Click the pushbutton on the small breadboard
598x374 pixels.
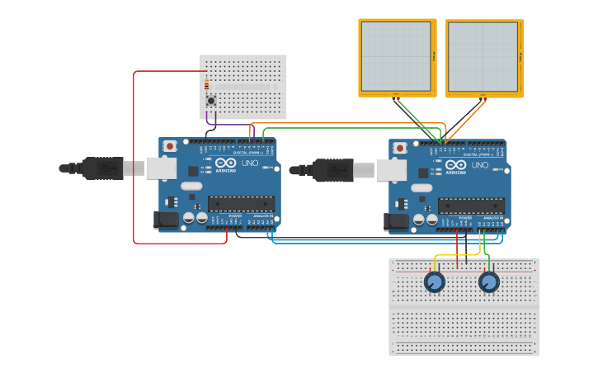pyautogui.click(x=211, y=101)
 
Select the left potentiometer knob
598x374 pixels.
pyautogui.click(x=435, y=282)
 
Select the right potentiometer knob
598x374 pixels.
pyautogui.click(x=488, y=282)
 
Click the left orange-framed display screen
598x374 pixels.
pyautogui.click(x=397, y=57)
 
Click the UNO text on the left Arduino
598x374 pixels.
pyautogui.click(x=249, y=165)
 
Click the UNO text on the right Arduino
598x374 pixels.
pyautogui.click(x=479, y=165)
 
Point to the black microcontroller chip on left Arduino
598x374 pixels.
pyautogui.click(x=241, y=204)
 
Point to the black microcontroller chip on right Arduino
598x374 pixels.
pyautogui.click(x=471, y=206)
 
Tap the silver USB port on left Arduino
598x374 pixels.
pyautogui.click(x=161, y=168)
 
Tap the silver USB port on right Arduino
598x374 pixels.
pyautogui.click(x=391, y=169)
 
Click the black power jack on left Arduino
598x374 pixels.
pyautogui.click(x=166, y=220)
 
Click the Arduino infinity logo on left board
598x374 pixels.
pyautogui.click(x=225, y=163)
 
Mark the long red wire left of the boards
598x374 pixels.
pyautogui.click(x=134, y=157)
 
